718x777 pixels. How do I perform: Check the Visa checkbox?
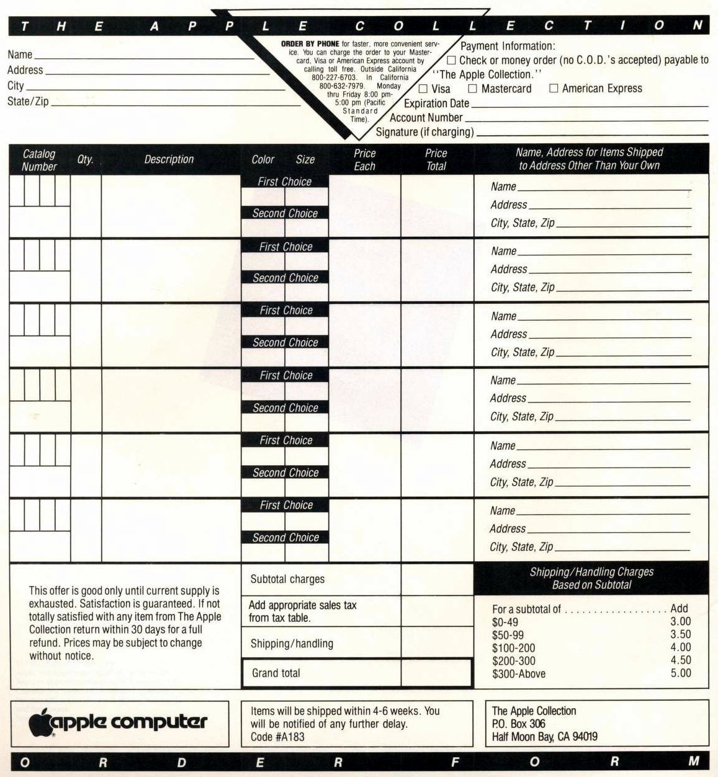click(x=423, y=89)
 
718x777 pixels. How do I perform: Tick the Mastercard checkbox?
click(x=473, y=89)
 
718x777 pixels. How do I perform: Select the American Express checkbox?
click(x=554, y=89)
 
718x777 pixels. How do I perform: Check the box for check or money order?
click(x=451, y=60)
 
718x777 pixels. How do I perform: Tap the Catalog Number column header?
click(x=39, y=160)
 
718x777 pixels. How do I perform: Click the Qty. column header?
click(x=86, y=159)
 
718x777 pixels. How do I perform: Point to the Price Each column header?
click(x=364, y=159)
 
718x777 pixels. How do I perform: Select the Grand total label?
click(x=276, y=673)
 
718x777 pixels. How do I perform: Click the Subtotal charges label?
click(x=287, y=579)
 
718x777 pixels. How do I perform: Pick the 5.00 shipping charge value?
click(x=680, y=673)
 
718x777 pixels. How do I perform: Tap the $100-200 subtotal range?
click(x=513, y=648)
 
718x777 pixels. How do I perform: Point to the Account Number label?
click(x=426, y=118)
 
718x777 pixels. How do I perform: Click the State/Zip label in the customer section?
click(x=28, y=101)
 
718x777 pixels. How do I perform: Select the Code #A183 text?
click(x=277, y=737)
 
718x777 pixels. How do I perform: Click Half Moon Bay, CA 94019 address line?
click(x=544, y=737)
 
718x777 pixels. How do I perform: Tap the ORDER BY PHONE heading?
click(x=310, y=44)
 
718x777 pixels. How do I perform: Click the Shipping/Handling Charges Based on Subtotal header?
click(x=591, y=578)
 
